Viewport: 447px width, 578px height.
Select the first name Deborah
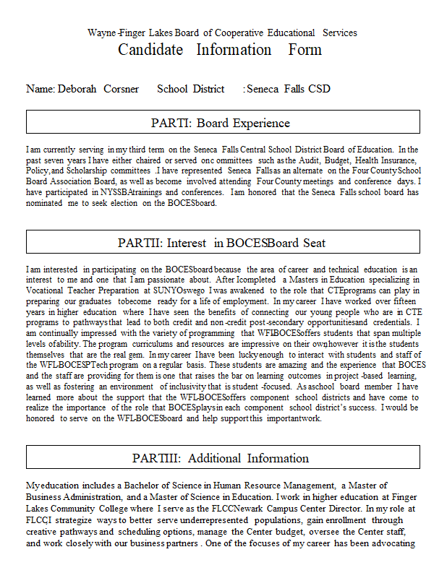click(x=81, y=89)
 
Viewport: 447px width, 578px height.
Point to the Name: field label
click(x=41, y=89)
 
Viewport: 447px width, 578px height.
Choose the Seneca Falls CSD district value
click(x=289, y=89)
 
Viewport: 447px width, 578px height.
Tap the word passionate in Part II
click(x=157, y=279)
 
